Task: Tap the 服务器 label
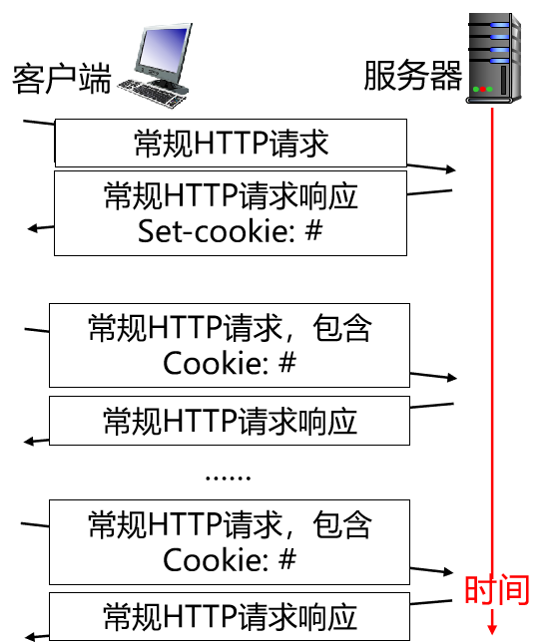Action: [x=412, y=75]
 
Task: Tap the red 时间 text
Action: [x=495, y=589]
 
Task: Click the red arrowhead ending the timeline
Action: [x=492, y=629]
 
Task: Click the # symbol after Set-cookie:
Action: [x=312, y=231]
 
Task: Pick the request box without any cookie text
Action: [x=231, y=144]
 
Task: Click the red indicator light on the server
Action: [x=477, y=91]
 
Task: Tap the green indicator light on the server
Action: [x=487, y=91]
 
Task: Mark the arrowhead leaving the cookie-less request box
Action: [x=449, y=170]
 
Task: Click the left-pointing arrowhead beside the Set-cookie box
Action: [x=33, y=228]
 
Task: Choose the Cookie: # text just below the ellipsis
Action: [x=230, y=559]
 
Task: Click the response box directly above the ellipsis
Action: [x=230, y=421]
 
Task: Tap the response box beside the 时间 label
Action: [x=230, y=616]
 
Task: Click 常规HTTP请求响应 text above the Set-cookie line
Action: [x=231, y=195]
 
